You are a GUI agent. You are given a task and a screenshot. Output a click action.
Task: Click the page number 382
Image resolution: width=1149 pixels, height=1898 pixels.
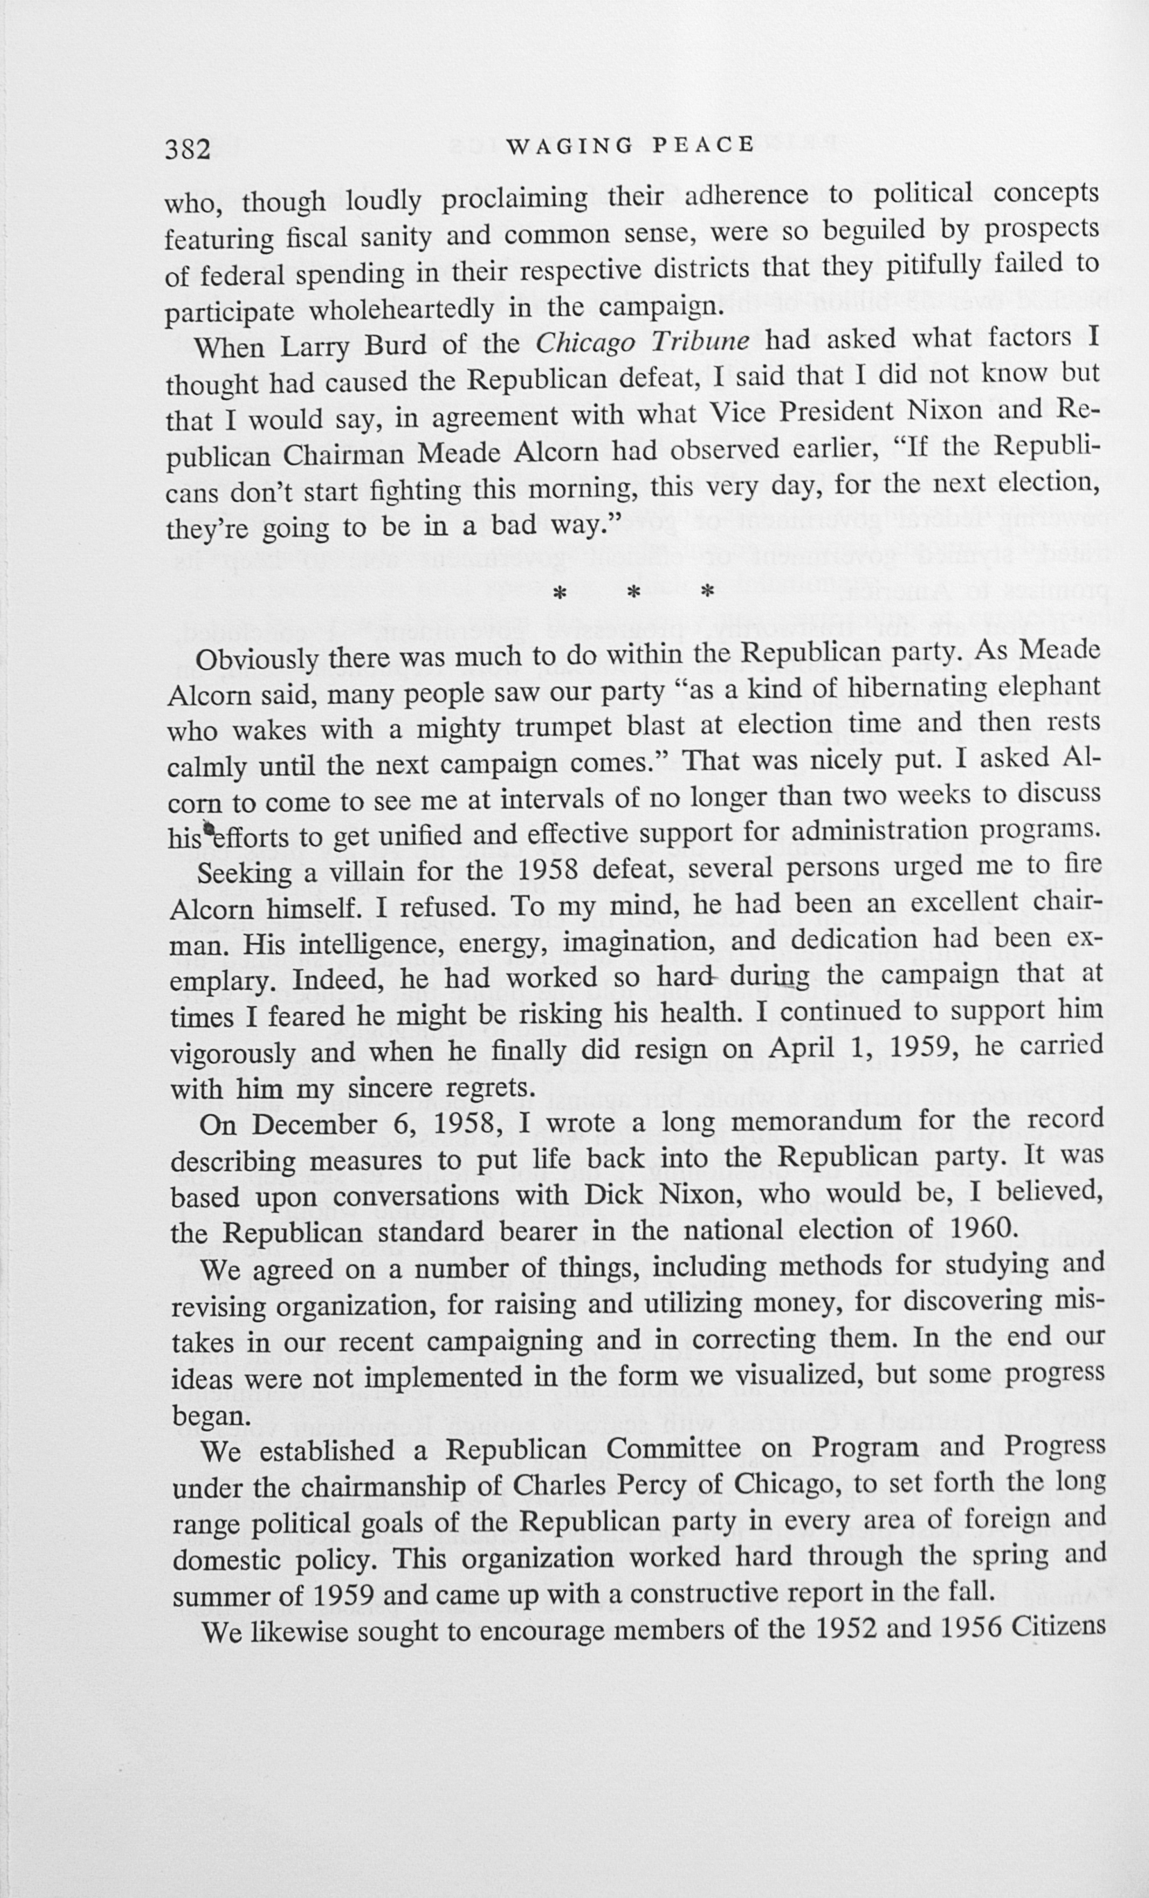(x=188, y=149)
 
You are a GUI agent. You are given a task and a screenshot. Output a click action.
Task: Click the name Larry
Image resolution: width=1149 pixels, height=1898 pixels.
(x=316, y=347)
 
